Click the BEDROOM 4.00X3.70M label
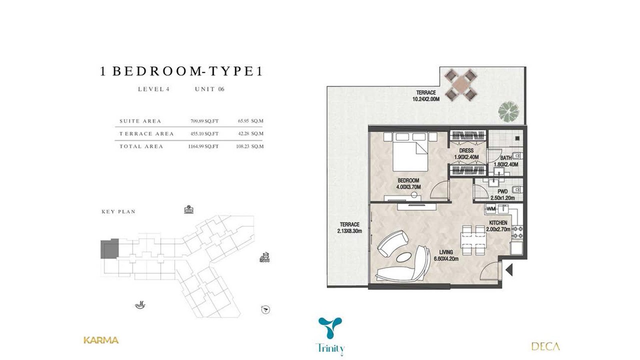pos(408,184)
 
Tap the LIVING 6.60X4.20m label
pos(446,256)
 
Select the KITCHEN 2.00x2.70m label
pos(498,226)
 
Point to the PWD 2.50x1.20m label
pos(502,194)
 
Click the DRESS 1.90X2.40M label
pos(466,154)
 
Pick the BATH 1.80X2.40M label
pos(506,161)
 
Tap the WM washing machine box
pos(490,209)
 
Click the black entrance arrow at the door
pos(509,270)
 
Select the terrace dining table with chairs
pos(460,84)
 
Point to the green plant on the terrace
pos(508,111)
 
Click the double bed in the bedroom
pos(410,152)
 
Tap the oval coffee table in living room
pos(404,258)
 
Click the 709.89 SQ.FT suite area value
pos(204,121)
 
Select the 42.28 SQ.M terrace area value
pos(250,134)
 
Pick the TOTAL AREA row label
pos(141,146)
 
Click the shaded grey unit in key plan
pos(110,249)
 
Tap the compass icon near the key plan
pos(266,310)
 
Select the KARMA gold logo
pos(101,340)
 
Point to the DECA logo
pos(546,346)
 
